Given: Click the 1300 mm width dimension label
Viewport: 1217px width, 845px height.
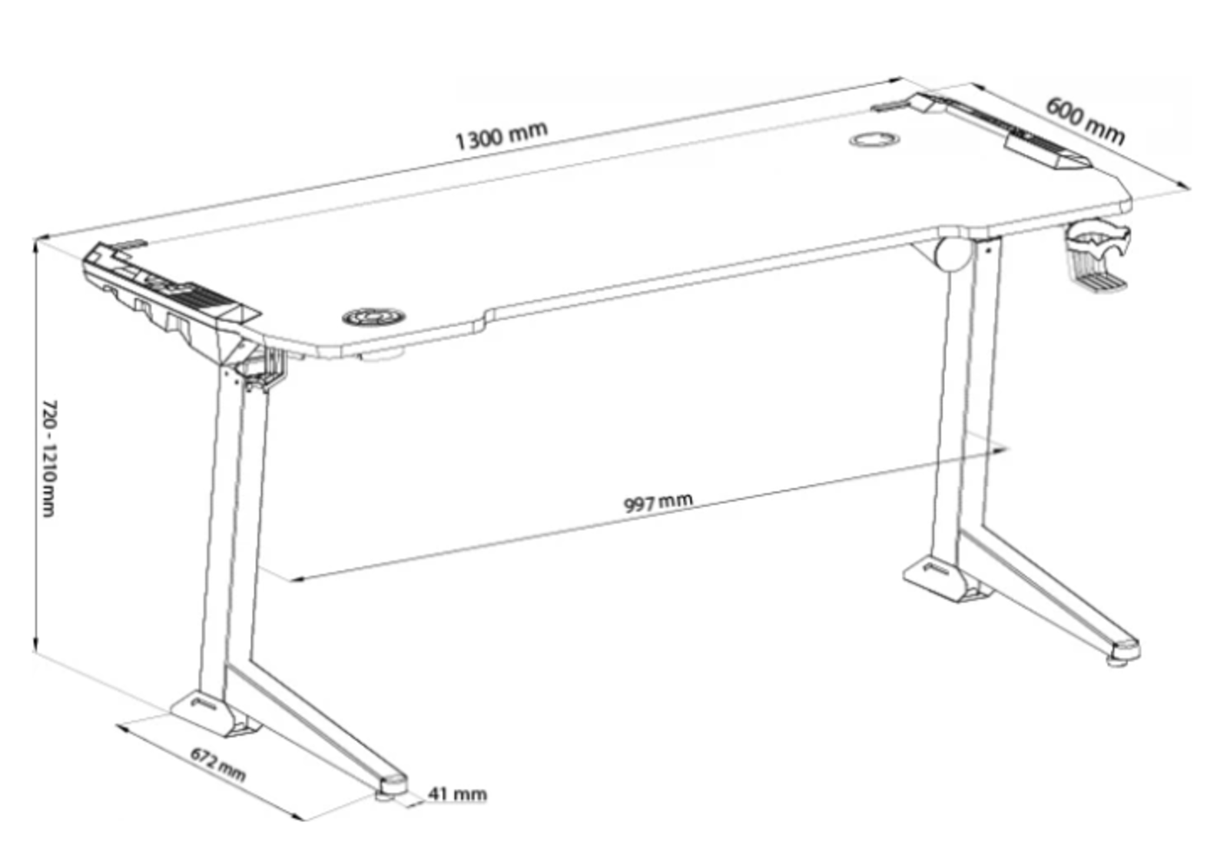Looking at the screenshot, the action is tap(501, 135).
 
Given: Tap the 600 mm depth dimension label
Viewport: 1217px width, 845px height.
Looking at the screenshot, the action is tap(1084, 121).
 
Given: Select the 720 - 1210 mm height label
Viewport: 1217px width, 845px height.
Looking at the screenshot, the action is tap(49, 459).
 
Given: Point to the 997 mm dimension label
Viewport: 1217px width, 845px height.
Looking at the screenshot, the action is tap(658, 502).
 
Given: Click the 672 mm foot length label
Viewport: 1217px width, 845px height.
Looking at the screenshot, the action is tap(218, 764).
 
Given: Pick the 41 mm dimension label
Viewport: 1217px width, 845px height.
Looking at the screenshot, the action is tap(457, 794).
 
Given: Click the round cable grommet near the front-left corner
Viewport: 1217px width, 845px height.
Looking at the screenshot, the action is tap(374, 316).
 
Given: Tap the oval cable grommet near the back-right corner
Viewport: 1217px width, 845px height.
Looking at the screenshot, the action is tap(874, 140).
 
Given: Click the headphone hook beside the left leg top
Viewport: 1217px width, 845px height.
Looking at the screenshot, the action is tap(265, 369).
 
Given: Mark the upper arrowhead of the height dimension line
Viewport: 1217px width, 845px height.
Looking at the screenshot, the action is tap(36, 248).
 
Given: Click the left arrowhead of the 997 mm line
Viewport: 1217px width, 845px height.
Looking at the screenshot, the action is tap(295, 579).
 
